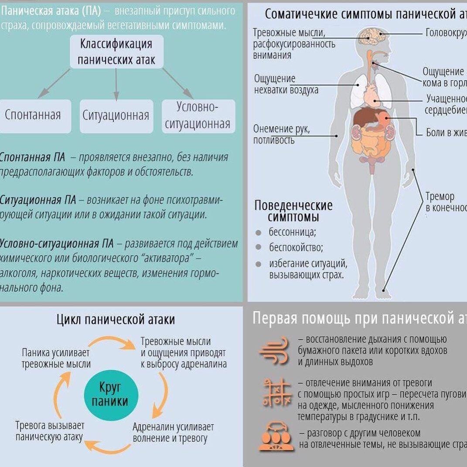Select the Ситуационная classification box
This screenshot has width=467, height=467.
point(116,116)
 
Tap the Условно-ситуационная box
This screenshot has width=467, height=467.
point(198,116)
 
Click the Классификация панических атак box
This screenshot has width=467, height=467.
point(116,51)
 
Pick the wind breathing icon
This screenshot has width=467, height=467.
point(274,350)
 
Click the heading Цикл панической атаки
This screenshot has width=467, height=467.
point(116,320)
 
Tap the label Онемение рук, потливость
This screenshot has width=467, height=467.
point(281,134)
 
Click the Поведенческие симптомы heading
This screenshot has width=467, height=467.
point(293,211)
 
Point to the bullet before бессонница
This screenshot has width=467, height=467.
point(259,232)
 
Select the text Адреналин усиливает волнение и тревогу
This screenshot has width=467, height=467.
point(173,433)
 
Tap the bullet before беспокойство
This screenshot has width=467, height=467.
point(259,248)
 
